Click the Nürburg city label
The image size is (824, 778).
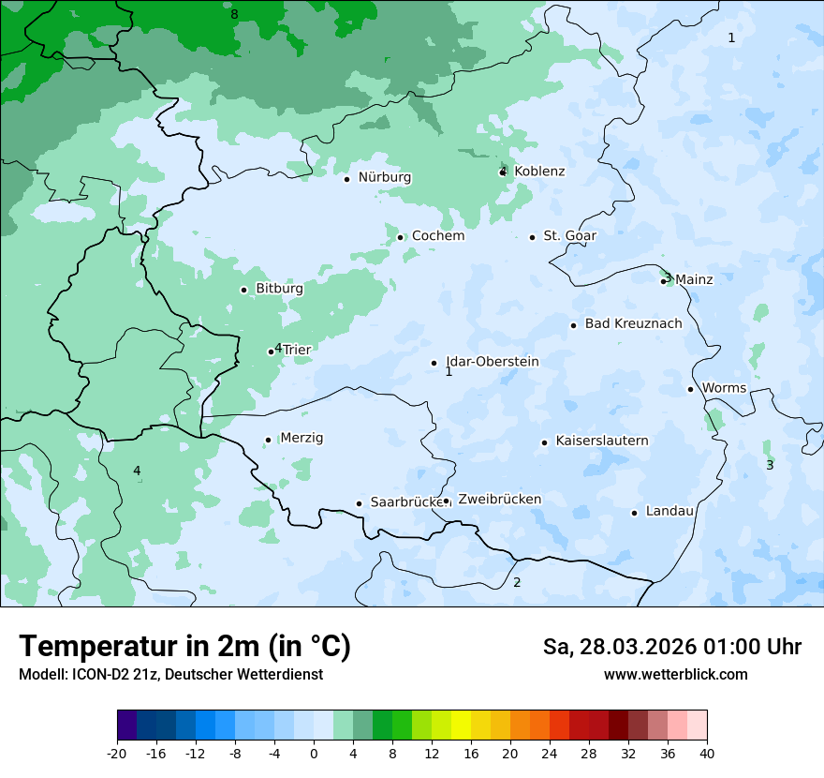click(x=384, y=177)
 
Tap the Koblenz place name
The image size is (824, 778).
click(x=539, y=172)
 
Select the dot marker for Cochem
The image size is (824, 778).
click(x=400, y=237)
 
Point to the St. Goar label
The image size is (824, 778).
click(x=569, y=236)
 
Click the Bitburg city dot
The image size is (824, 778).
click(x=243, y=290)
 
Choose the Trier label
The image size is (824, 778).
click(x=297, y=350)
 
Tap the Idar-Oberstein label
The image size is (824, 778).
click(x=492, y=362)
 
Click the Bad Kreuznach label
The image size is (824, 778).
click(x=633, y=324)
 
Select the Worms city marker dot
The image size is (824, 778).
click(x=690, y=389)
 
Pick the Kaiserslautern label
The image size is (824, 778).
click(x=601, y=441)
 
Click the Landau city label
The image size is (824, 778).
click(x=669, y=511)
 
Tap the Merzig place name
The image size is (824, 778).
click(x=302, y=438)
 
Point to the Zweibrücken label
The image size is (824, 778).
click(x=499, y=500)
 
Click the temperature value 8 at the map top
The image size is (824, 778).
click(x=234, y=14)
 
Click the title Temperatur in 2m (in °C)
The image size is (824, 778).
click(x=184, y=647)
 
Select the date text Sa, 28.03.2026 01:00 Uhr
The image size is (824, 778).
click(x=671, y=647)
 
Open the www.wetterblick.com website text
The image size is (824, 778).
click(x=675, y=675)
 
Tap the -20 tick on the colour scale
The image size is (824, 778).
click(x=117, y=754)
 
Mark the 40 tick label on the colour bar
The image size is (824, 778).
click(x=707, y=754)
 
